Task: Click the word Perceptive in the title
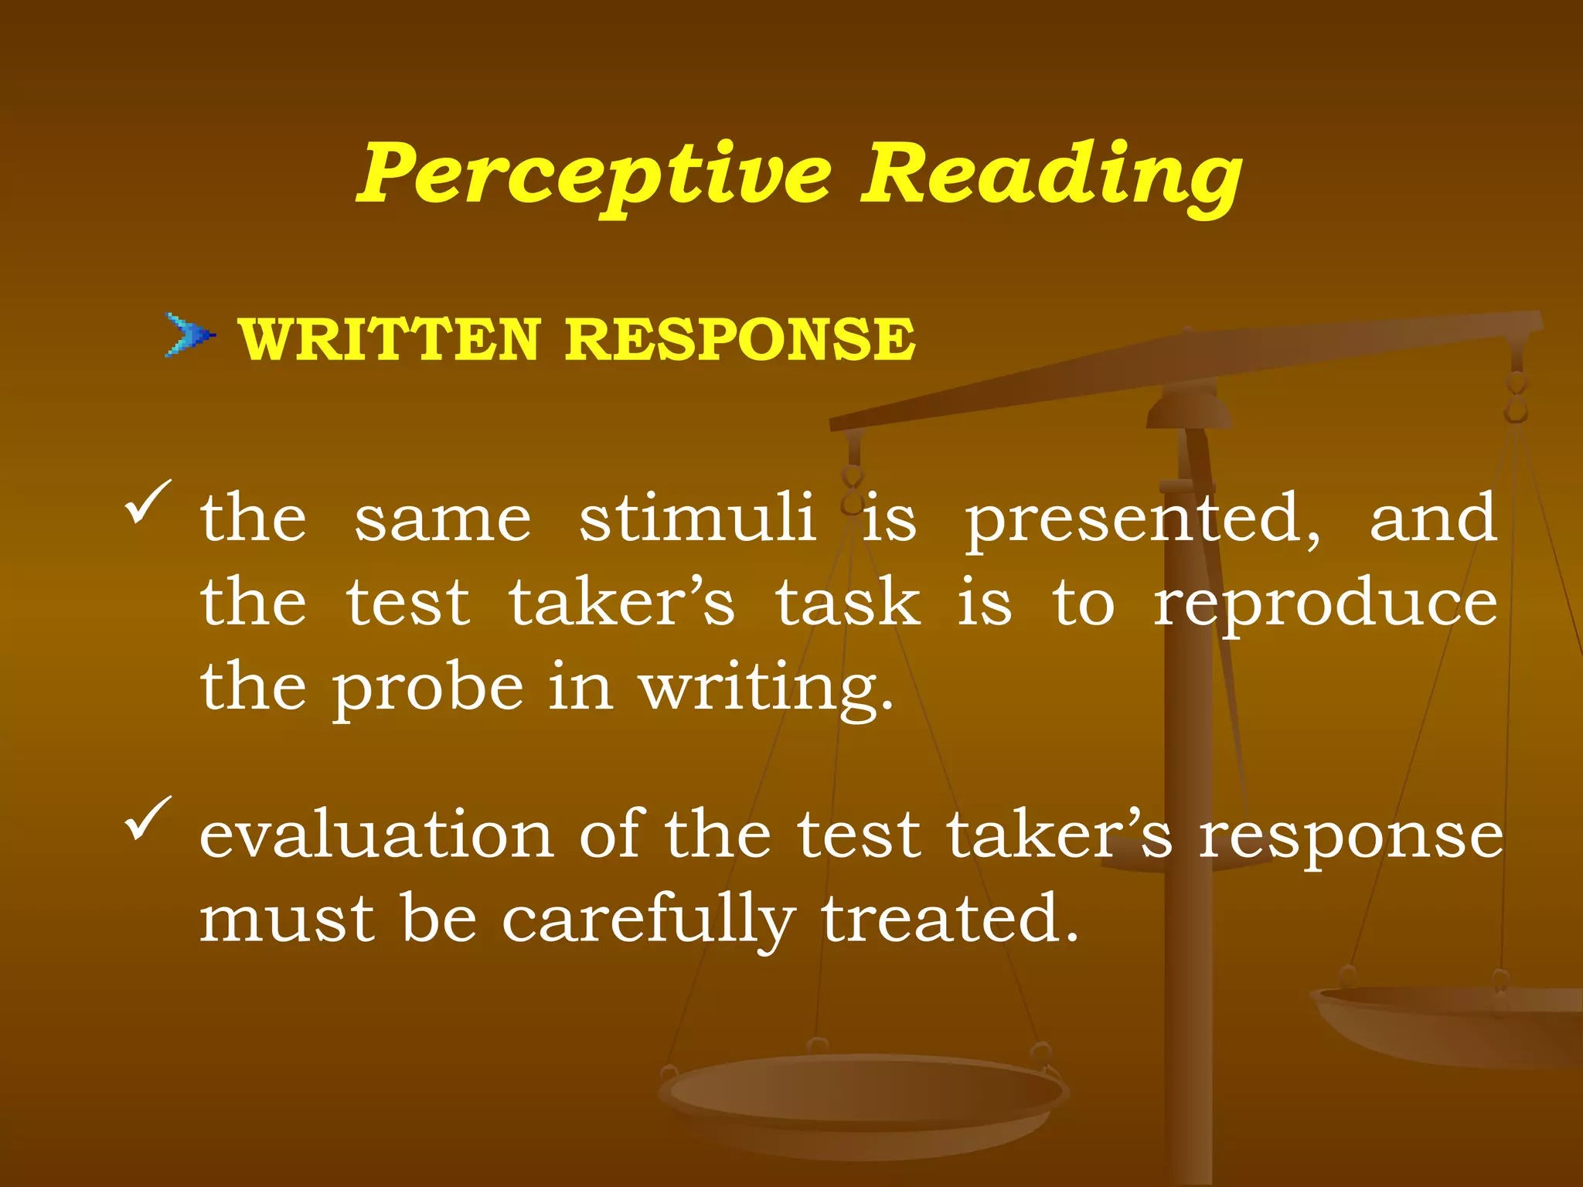pos(594,175)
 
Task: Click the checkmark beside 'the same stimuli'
pos(147,501)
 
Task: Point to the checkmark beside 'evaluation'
pos(147,818)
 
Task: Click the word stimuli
pos(697,518)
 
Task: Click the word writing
pos(765,688)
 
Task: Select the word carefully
pos(648,920)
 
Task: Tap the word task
pos(848,603)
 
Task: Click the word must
pos(288,920)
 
